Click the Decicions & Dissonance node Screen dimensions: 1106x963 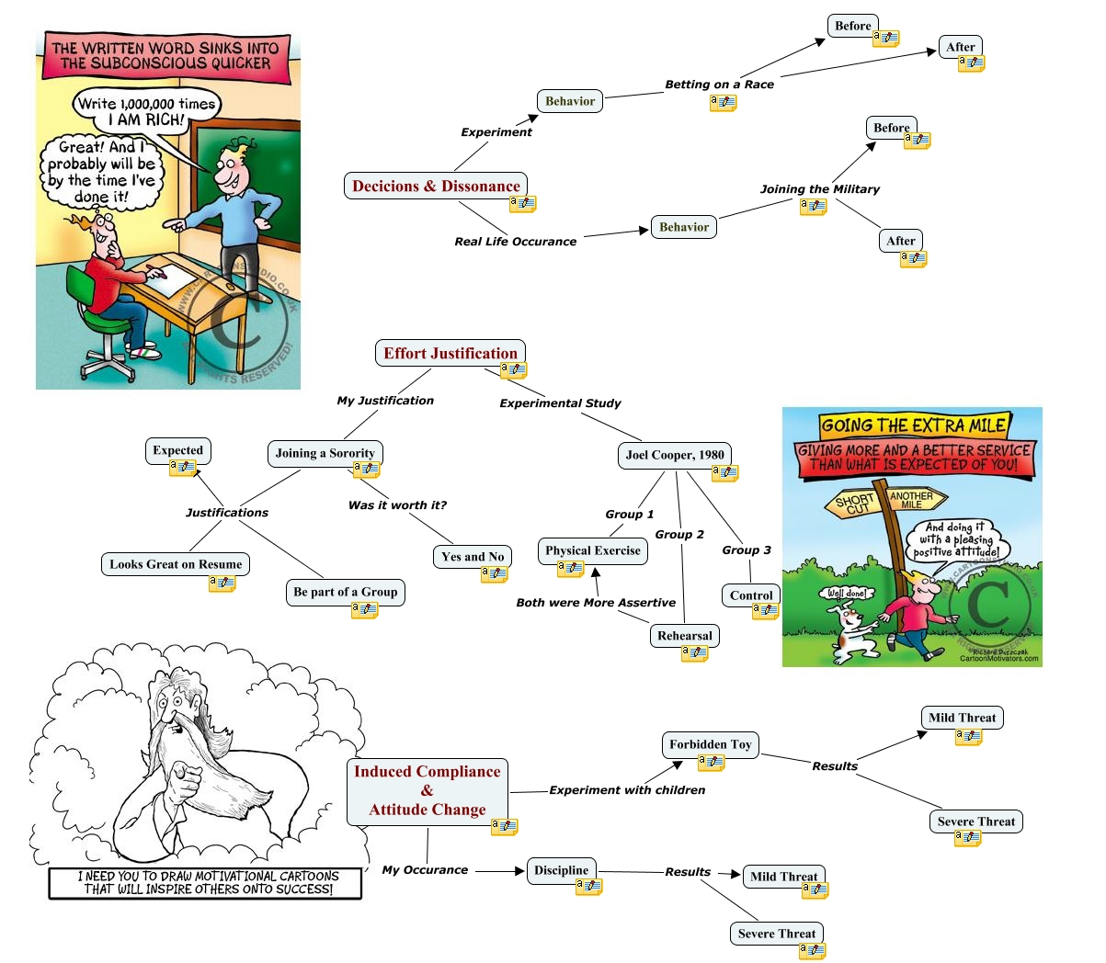(x=436, y=187)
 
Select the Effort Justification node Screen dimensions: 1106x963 (x=450, y=354)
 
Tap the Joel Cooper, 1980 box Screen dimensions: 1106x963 (x=675, y=455)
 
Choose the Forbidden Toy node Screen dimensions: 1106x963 (x=710, y=744)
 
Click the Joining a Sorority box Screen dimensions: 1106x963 (x=325, y=453)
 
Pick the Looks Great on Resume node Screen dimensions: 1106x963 (x=176, y=564)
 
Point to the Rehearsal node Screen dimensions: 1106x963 (x=684, y=636)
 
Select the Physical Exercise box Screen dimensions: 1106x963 (x=592, y=550)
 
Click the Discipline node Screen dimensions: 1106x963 (x=561, y=870)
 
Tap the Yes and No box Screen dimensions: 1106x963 (x=473, y=557)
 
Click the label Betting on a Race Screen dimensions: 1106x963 (x=719, y=85)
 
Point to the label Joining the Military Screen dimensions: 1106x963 (x=819, y=189)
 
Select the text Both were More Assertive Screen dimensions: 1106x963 (x=596, y=603)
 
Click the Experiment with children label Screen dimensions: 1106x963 (x=627, y=790)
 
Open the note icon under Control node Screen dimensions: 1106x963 (x=765, y=611)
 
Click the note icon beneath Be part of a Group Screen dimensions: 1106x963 (x=364, y=609)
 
